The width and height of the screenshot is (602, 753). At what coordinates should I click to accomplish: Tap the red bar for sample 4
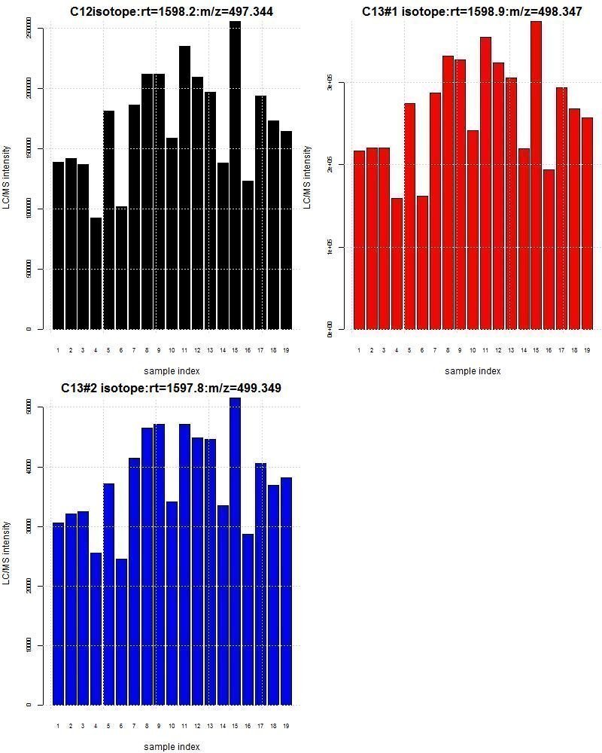point(397,264)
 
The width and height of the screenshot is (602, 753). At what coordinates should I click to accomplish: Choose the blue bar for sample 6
point(121,632)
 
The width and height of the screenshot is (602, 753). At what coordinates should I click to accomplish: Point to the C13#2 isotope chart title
point(172,388)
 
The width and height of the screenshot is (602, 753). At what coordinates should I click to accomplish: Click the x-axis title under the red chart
point(473,370)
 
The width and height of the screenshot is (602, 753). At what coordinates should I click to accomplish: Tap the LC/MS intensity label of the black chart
point(7,178)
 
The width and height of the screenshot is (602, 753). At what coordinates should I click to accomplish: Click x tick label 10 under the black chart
point(172,350)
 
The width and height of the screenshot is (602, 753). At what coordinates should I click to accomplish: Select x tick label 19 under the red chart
point(587,350)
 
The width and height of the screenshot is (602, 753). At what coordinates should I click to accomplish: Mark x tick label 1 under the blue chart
point(58,726)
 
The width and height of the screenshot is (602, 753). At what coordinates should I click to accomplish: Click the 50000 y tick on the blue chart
point(29,407)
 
